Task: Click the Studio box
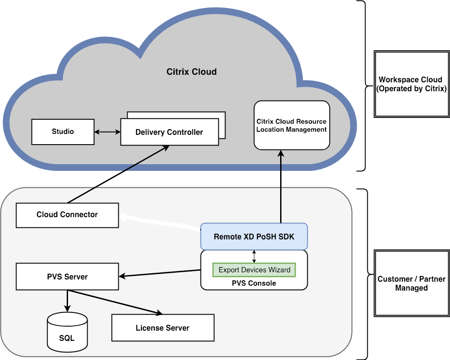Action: pos(63,132)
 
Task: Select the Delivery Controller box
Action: pos(169,132)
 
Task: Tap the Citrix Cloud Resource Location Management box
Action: pos(292,125)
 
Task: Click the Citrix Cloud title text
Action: pos(192,72)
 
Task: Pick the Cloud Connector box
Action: pos(67,215)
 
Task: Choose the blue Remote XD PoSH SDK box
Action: pos(254,236)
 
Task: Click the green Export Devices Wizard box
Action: pos(254,270)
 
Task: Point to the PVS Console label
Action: pos(254,283)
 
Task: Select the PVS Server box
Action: pos(67,277)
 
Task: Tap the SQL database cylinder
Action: pos(67,331)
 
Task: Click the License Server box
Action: pos(162,328)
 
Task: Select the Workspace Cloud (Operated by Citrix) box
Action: pos(411,84)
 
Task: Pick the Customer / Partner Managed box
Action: pos(411,283)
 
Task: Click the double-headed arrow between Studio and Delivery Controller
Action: pos(107,132)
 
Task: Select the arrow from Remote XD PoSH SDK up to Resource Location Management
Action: pos(281,187)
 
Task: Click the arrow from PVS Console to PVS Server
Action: pos(160,273)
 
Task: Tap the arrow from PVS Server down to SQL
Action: pos(67,301)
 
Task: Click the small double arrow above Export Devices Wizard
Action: pos(254,256)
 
